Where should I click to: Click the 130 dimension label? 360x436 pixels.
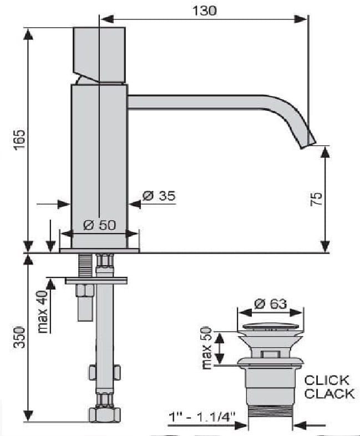[x=204, y=11]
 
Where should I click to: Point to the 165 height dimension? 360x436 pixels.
[x=20, y=140]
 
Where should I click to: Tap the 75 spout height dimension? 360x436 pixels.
[x=316, y=199]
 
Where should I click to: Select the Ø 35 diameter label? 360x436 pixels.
[x=159, y=196]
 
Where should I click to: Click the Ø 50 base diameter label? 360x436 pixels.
[x=99, y=225]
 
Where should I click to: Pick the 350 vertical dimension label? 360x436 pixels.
[x=20, y=337]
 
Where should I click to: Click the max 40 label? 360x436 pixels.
[x=43, y=312]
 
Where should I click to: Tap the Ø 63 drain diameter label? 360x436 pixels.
[x=270, y=303]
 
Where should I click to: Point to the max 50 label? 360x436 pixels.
[x=207, y=348]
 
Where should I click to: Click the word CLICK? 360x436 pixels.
[x=327, y=380]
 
